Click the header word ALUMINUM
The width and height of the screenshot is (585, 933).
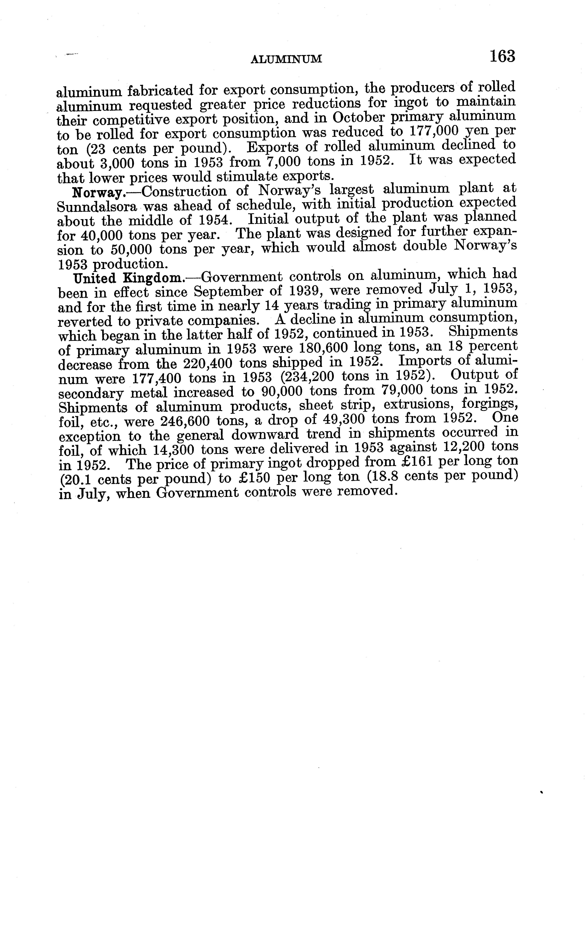(x=286, y=59)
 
